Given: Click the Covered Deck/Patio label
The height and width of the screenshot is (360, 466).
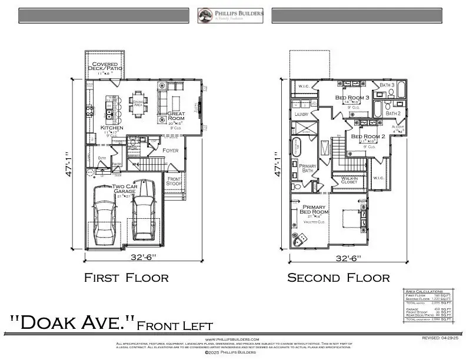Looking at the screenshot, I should click(x=104, y=66).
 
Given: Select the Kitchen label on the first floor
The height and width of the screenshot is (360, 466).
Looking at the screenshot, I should click(x=112, y=127).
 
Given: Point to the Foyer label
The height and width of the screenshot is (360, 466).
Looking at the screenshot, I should click(x=170, y=151).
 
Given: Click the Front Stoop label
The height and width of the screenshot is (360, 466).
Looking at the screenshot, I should click(x=174, y=181).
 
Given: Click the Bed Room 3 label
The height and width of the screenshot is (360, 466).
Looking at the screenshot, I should click(x=352, y=97).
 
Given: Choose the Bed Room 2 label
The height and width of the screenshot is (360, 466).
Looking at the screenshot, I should click(x=368, y=136).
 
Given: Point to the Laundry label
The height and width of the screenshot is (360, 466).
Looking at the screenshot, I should click(x=301, y=114).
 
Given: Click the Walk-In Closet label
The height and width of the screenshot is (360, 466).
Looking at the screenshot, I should click(x=348, y=180).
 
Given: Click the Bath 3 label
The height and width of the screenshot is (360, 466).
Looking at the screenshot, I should click(x=387, y=85).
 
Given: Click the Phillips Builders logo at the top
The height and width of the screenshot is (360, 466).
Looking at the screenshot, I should click(x=230, y=15).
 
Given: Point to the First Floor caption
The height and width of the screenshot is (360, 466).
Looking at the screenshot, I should click(x=126, y=277).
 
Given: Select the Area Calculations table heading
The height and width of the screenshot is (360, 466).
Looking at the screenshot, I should click(x=422, y=291).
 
